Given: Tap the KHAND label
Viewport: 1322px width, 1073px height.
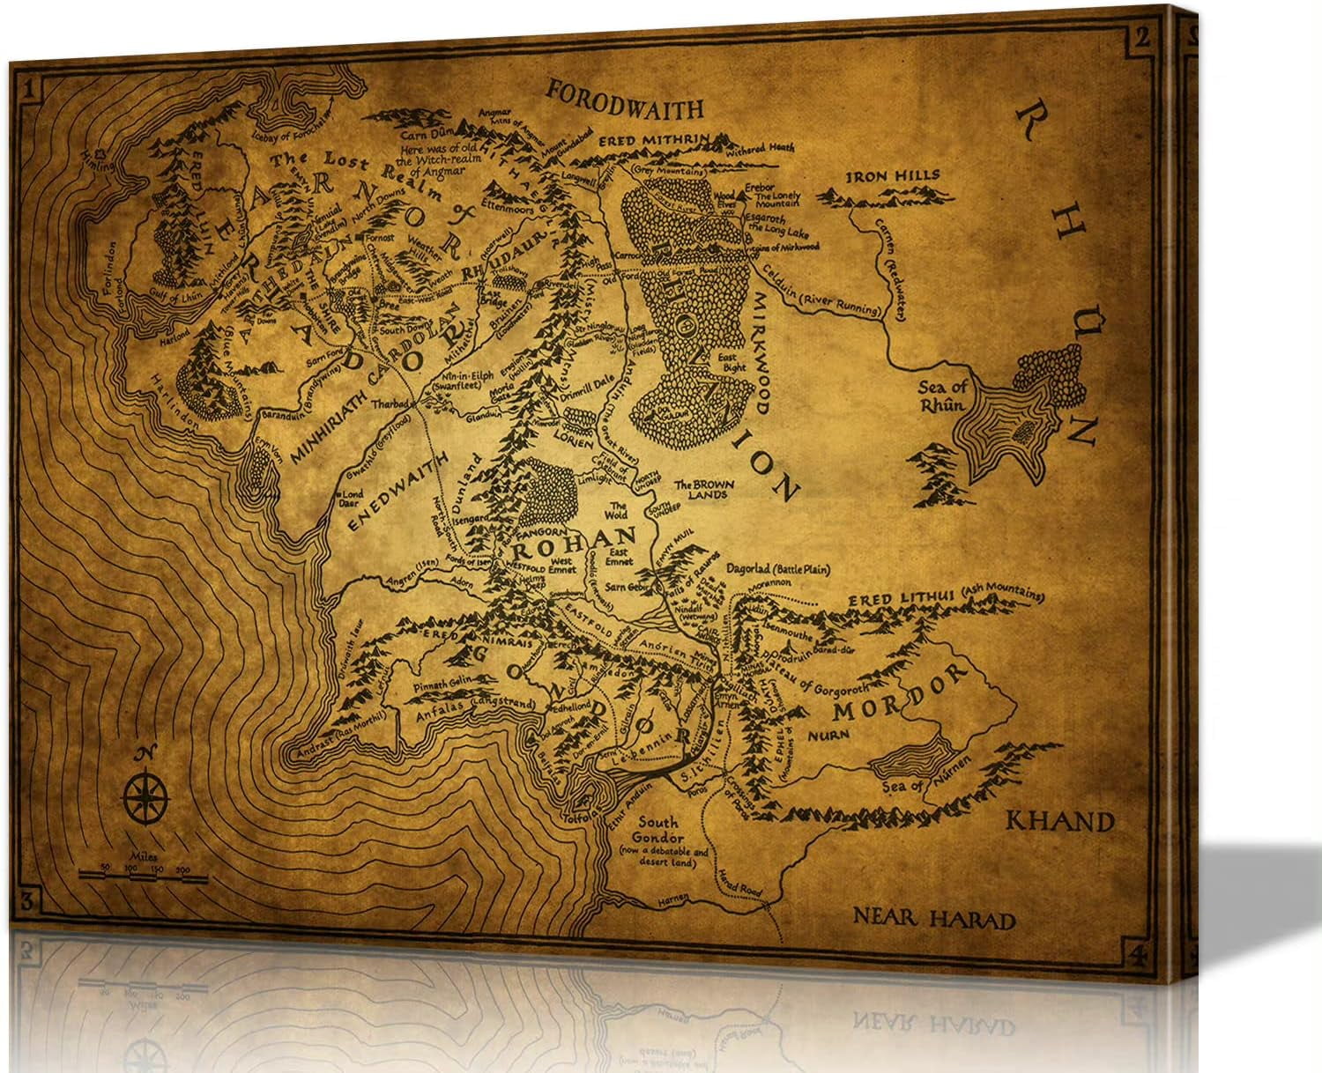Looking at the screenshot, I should (x=1060, y=822).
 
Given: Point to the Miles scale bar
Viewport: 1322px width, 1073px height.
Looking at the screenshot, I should (x=143, y=875).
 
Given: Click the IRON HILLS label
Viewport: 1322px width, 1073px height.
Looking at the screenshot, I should (x=892, y=175).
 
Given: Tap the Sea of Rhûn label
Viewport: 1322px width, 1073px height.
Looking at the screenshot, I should (x=944, y=395).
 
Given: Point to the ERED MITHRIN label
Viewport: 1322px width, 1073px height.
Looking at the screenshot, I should (x=642, y=140).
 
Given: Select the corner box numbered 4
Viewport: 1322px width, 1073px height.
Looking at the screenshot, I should (x=1136, y=952).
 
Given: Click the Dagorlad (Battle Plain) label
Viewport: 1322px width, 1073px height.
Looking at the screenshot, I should (x=776, y=570).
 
